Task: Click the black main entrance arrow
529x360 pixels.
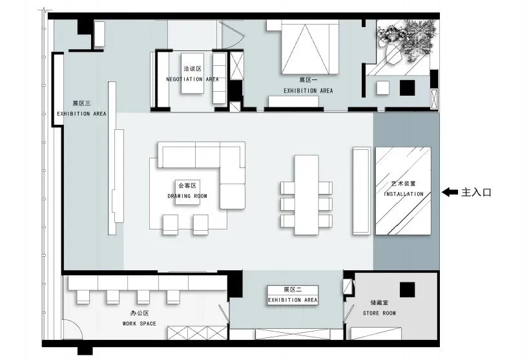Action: click(450, 192)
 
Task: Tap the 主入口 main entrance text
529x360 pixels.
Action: click(476, 193)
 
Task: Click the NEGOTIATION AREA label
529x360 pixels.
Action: click(192, 79)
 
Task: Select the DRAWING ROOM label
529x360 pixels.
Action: click(187, 196)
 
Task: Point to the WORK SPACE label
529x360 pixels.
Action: click(140, 324)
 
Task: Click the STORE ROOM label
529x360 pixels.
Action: click(379, 313)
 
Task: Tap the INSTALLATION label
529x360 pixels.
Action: click(404, 194)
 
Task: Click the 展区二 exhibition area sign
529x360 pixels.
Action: click(293, 295)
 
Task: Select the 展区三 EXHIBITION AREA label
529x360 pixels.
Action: click(81, 109)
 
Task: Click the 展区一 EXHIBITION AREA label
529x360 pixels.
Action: click(308, 85)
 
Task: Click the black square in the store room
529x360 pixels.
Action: click(407, 290)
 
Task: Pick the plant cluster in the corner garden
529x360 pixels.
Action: click(406, 41)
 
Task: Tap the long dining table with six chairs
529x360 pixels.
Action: click(306, 195)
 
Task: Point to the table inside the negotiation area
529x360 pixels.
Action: click(192, 73)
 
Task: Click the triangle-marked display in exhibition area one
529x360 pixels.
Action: click(309, 47)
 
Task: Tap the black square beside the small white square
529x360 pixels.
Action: click(407, 87)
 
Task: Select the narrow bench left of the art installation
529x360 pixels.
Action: click(362, 191)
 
